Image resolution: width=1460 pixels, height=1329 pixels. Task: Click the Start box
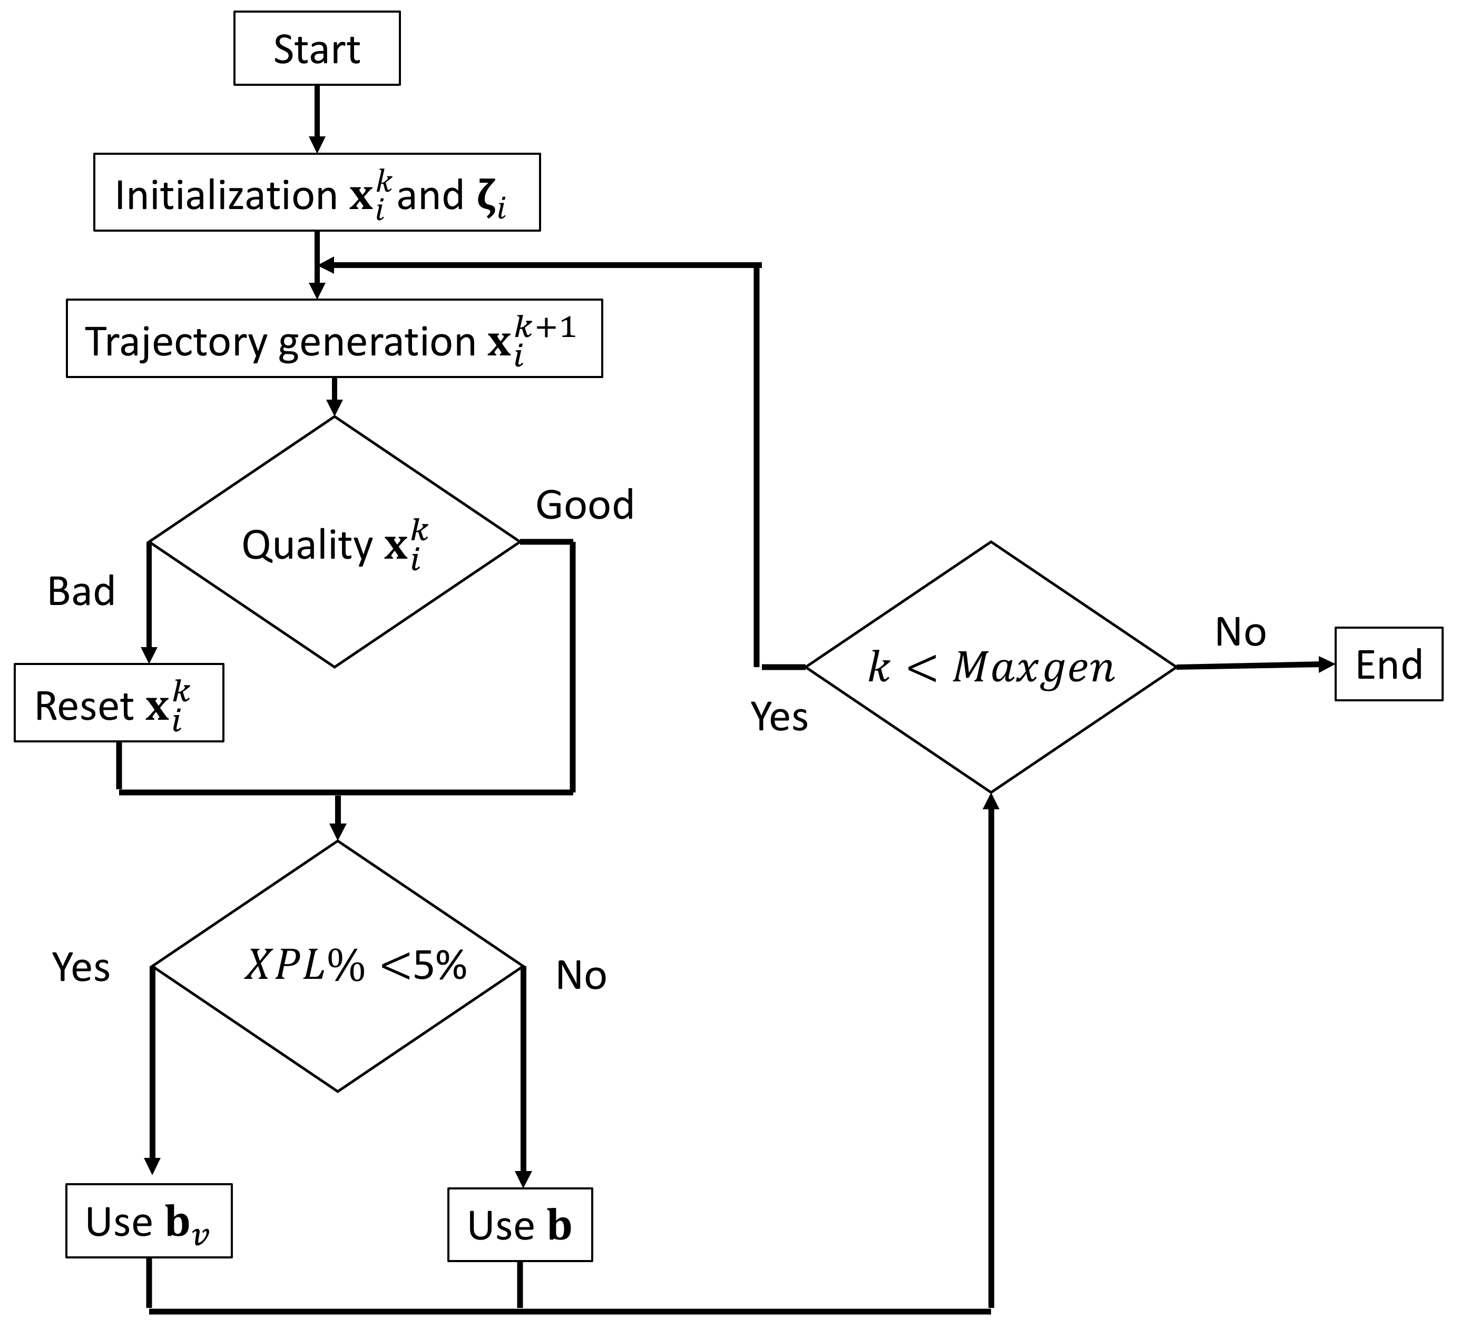tap(317, 48)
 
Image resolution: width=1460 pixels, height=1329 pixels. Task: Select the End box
tap(1388, 664)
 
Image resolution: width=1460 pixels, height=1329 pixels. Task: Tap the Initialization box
tap(317, 193)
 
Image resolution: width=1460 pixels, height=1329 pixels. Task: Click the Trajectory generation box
tap(334, 339)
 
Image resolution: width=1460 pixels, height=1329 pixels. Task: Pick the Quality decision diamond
tap(334, 543)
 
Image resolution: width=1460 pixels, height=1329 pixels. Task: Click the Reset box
tap(119, 703)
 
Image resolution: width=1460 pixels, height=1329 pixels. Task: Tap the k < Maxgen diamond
tap(990, 667)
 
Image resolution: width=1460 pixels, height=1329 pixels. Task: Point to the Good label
tap(584, 504)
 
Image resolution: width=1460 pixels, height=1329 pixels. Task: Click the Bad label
tap(81, 591)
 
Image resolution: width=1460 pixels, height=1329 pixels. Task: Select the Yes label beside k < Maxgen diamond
tap(779, 717)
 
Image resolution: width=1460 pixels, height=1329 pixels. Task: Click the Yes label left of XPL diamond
tap(81, 967)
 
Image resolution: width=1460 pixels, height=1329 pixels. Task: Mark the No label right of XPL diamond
tap(581, 975)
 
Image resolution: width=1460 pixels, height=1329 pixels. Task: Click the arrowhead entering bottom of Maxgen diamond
tap(991, 801)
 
